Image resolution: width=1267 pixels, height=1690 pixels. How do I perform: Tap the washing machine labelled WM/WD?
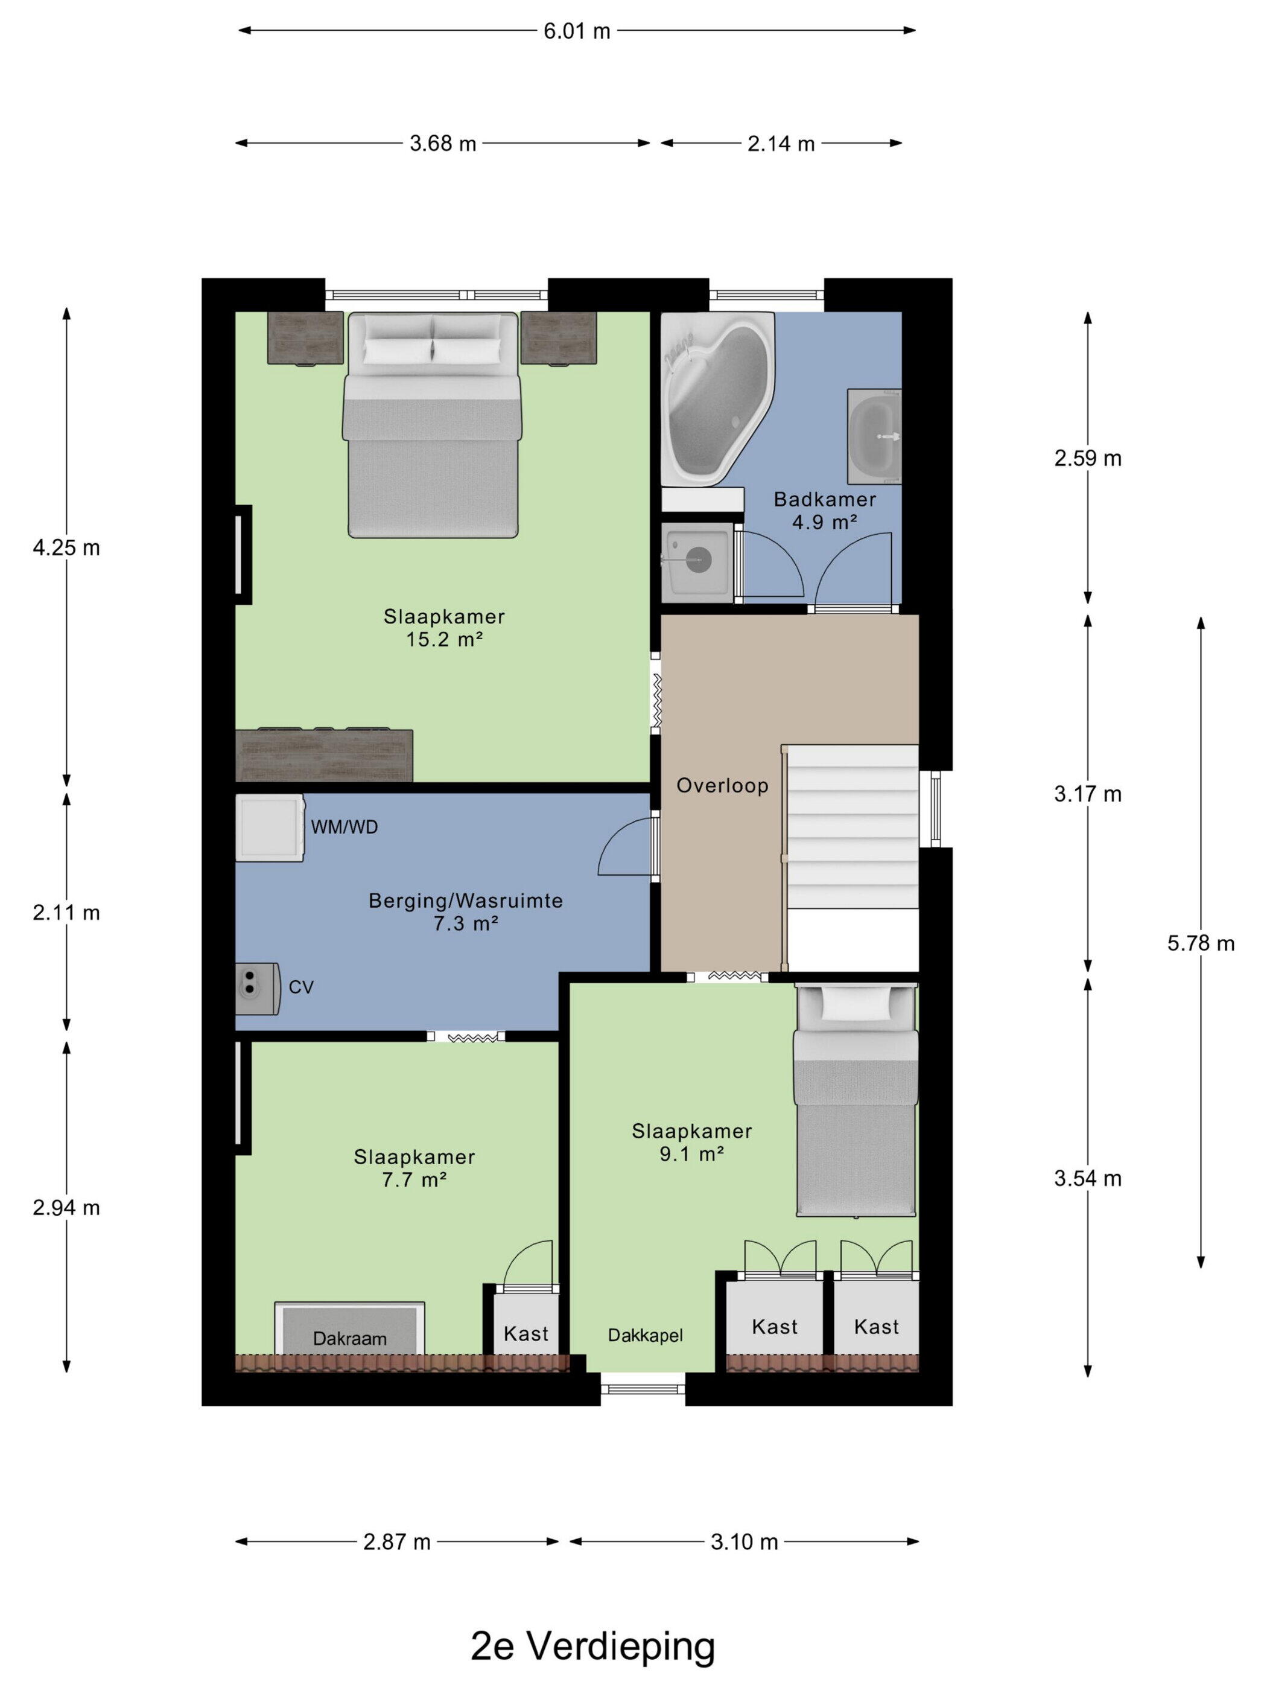tap(270, 827)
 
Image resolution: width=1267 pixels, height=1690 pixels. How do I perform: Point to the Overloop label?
tap(722, 785)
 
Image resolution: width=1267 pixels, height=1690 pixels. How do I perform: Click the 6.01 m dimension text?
tap(577, 31)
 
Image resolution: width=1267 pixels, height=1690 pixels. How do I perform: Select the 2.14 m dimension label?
tap(781, 144)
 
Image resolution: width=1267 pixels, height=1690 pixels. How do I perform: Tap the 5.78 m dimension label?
tap(1201, 943)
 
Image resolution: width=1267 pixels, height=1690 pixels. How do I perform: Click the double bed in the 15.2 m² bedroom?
tap(432, 425)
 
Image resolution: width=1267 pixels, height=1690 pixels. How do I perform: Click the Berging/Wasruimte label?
tap(466, 901)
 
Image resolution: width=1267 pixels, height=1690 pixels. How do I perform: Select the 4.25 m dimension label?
tap(66, 548)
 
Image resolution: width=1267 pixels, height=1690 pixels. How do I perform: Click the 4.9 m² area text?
tap(824, 523)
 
